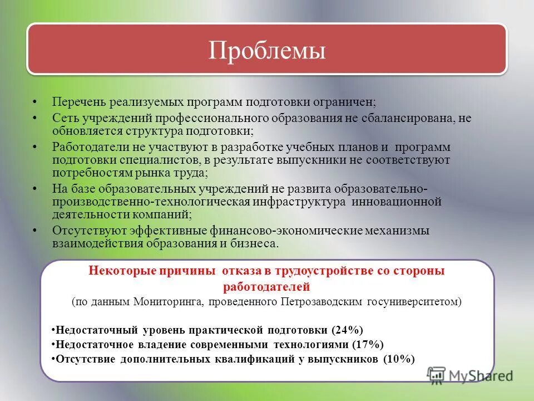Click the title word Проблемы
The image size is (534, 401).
point(267,51)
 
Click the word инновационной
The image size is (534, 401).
point(397,202)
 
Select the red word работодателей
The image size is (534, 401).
point(266,287)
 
